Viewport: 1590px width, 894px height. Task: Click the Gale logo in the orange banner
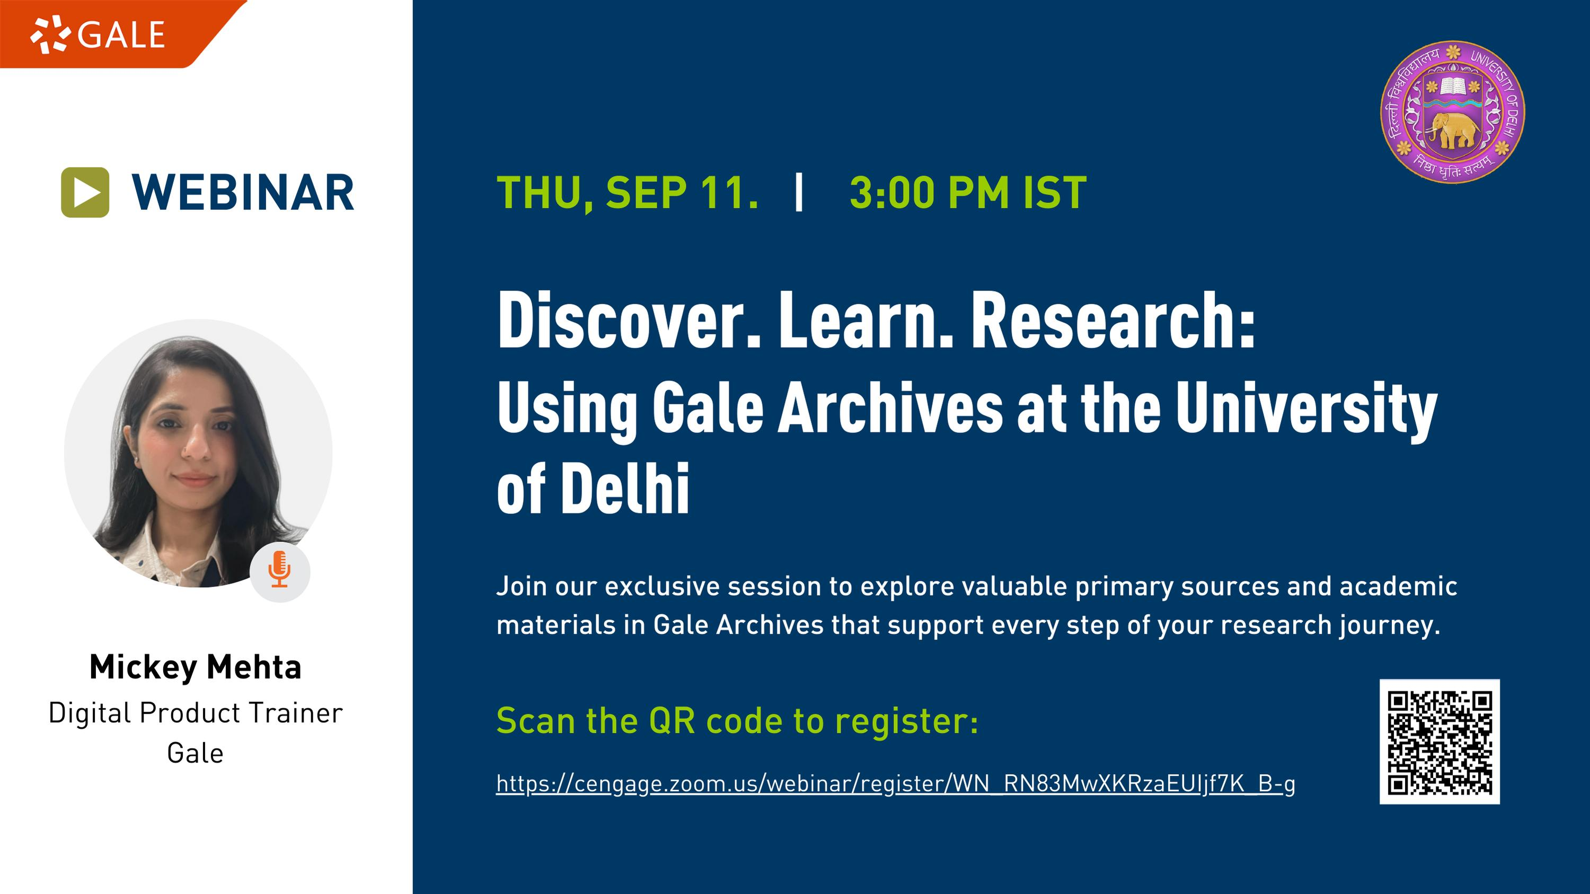tap(98, 34)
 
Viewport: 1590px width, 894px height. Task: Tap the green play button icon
tap(85, 192)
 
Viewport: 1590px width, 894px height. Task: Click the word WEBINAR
tap(243, 192)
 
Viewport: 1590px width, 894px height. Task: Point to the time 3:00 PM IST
tap(968, 193)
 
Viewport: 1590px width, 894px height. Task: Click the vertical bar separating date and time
tap(799, 193)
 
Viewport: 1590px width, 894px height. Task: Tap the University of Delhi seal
tap(1452, 112)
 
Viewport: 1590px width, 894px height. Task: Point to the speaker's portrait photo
tap(198, 454)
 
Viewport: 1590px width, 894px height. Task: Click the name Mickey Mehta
tap(196, 668)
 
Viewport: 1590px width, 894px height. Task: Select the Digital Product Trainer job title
tap(196, 713)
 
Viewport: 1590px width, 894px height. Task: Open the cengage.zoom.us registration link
tap(896, 784)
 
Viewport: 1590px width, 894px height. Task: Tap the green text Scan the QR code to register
tap(737, 721)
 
